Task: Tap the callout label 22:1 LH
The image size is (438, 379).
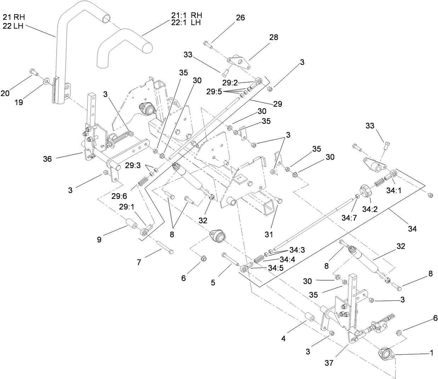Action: coord(186,23)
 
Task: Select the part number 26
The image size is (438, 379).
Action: coord(240,18)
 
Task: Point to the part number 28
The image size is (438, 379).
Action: coord(274,37)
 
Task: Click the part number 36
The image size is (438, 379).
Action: coord(47,159)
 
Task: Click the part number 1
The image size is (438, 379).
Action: coord(431,353)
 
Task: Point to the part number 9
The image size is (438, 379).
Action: coord(99,240)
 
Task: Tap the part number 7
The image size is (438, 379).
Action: coord(139,262)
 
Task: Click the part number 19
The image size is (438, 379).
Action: coord(18,102)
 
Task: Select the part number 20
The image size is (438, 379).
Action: coord(5,93)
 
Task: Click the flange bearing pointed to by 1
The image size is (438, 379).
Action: coord(385,354)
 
